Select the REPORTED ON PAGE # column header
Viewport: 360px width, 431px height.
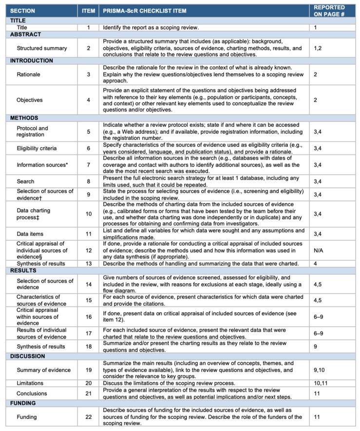coord(329,11)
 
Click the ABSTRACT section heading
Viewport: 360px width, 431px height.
coord(25,35)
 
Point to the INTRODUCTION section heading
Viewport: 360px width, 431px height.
coord(32,61)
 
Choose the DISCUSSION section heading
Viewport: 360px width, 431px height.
coord(28,356)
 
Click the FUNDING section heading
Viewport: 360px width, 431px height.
coord(23,403)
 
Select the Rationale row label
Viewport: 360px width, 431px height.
coord(28,75)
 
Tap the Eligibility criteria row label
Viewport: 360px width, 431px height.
coord(37,148)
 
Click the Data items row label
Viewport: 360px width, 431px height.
coord(31,234)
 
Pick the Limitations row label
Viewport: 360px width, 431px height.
coord(30,383)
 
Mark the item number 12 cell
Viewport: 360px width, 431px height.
coord(88,250)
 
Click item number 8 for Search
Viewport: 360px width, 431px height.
coord(88,181)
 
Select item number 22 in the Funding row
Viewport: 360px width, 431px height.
coord(88,417)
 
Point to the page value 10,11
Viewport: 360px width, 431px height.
coord(321,383)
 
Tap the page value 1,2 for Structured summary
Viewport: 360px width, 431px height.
coord(318,48)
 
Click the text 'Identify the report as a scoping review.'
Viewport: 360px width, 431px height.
coord(151,28)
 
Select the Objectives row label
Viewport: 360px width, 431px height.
coord(30,100)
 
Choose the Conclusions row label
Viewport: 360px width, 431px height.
coord(32,393)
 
